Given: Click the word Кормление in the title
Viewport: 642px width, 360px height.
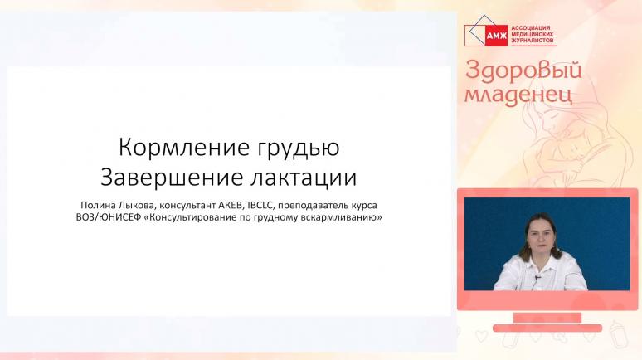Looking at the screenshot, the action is click(184, 147).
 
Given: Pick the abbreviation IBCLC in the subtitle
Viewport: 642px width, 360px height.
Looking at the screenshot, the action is click(260, 205).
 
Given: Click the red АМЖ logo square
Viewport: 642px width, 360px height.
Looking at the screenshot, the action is click(496, 36).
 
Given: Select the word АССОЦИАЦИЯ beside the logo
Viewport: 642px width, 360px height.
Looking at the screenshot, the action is click(531, 28).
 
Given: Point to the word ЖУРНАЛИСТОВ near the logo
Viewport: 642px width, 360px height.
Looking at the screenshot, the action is click(533, 41).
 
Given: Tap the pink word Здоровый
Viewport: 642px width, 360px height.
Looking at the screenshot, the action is click(523, 70).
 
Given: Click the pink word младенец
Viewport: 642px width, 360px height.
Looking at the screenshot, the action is click(518, 95).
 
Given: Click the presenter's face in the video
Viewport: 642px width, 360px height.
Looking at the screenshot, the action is click(542, 236).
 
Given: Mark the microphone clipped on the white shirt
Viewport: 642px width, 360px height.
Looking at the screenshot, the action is click(536, 278).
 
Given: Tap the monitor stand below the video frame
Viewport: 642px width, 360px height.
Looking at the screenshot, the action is click(547, 322).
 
